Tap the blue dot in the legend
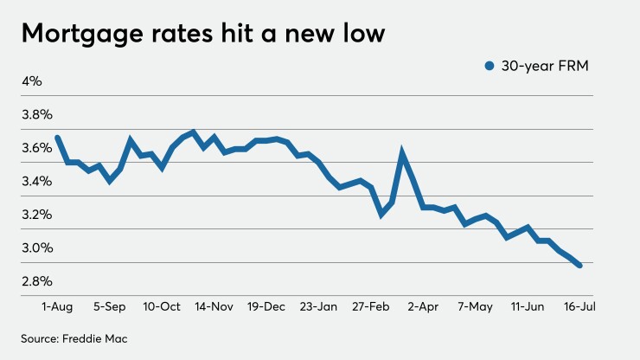(490, 66)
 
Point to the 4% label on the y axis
(32, 81)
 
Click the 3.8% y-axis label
(37, 114)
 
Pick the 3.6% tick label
(37, 148)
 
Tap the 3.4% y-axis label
(37, 181)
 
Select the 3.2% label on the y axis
(37, 215)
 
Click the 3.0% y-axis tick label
(37, 247)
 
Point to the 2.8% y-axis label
(37, 281)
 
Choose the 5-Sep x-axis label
(110, 306)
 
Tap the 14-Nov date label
(214, 306)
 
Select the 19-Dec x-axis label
(267, 306)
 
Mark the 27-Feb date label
(371, 306)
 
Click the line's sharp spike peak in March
(402, 153)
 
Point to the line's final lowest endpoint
(579, 265)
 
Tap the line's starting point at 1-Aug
(58, 138)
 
